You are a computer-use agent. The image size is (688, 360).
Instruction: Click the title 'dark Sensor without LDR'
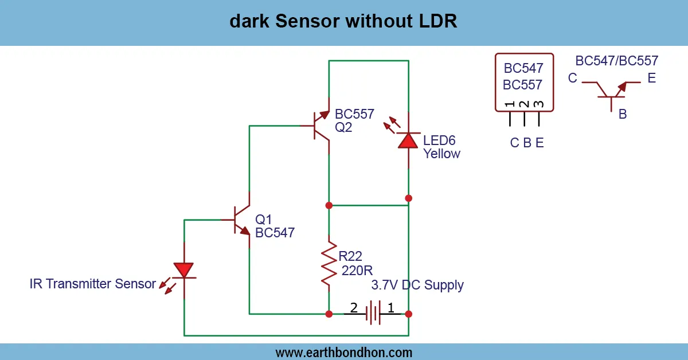click(x=343, y=22)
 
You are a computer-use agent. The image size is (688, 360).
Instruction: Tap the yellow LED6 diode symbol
click(x=408, y=140)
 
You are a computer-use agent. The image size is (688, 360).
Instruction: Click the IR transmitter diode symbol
click(x=184, y=271)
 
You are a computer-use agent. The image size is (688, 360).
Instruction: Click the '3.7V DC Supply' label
click(x=417, y=285)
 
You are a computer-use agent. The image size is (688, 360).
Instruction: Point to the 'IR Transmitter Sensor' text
click(x=93, y=284)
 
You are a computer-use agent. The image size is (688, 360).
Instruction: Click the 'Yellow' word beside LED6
click(x=441, y=154)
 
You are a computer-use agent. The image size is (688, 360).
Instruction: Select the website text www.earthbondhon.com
click(x=343, y=352)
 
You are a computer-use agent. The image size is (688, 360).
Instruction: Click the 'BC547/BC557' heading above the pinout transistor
click(x=616, y=61)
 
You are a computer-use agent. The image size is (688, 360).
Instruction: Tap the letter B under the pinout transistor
click(x=622, y=114)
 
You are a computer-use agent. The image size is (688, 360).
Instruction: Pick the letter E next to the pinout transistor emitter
click(x=651, y=79)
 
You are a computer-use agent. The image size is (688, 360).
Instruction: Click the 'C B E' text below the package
click(x=527, y=143)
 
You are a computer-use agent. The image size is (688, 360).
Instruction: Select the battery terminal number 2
click(x=354, y=308)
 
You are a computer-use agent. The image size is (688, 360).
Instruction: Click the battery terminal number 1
click(x=391, y=308)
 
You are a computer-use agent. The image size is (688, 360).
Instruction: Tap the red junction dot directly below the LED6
click(x=408, y=198)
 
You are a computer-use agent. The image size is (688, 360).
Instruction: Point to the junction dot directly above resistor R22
click(x=329, y=205)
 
